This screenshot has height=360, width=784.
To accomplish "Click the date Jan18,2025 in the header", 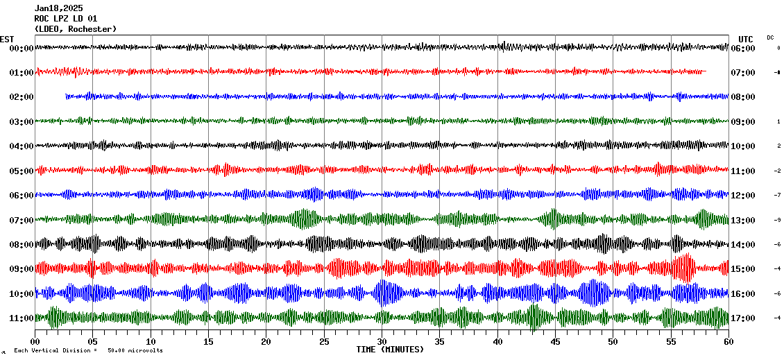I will pos(58,8).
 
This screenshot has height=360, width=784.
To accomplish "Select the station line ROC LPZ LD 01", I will pos(66,19).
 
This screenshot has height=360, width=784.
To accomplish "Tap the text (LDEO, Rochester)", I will pos(75,29).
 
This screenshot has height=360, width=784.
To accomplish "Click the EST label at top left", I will pos(7,39).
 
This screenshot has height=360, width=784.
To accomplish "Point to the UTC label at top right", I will pos(746,39).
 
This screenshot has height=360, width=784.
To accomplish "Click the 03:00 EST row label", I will pos(22,122).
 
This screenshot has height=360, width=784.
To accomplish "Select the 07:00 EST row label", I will pos(22,221).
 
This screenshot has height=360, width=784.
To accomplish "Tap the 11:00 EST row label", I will pos(22,318).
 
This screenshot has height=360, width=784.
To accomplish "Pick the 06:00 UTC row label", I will pos(742,49).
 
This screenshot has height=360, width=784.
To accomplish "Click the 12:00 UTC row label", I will pos(742,196).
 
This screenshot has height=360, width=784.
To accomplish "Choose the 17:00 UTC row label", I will pos(742,318).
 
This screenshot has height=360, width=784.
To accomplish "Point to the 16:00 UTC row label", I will pos(742,294).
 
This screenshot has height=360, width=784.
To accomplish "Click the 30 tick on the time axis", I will pos(382,341).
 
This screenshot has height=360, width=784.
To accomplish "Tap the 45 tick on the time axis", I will pos(555,341).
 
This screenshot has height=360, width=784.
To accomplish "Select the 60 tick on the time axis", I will pos(728,341).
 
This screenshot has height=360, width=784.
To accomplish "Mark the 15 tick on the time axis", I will pos(208,341).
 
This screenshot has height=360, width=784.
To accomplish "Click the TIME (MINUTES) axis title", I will pos(390,350).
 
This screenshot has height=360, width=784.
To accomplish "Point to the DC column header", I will pos(770,37).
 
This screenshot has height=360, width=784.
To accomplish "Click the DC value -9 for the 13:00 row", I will pos(778,221).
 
